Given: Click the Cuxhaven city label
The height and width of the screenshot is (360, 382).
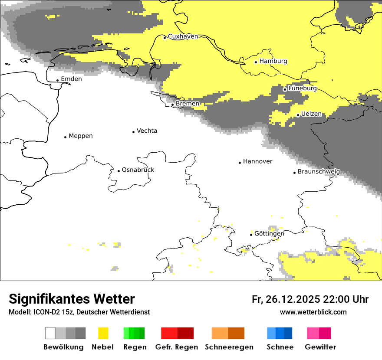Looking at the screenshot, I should click(x=183, y=36).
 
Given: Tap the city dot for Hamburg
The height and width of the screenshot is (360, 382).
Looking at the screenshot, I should click(x=256, y=62).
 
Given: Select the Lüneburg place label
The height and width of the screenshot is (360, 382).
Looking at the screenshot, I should click(x=302, y=88).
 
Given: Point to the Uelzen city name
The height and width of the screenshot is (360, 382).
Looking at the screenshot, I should click(x=311, y=114).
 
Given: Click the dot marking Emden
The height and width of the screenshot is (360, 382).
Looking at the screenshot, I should click(x=57, y=80).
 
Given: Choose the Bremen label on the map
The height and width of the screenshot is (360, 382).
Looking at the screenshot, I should click(x=188, y=104).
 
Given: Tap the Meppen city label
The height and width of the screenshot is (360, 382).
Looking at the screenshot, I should click(x=81, y=136).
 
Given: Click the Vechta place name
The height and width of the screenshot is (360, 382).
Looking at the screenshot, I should click(x=147, y=131).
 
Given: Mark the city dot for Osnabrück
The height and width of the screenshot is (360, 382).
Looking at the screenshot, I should click(x=119, y=171).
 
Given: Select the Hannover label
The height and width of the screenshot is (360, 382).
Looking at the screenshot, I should click(x=257, y=161).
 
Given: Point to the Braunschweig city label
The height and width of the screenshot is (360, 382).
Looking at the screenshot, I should click(x=319, y=172).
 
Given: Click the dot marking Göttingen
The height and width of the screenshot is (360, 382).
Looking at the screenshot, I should click(x=251, y=235).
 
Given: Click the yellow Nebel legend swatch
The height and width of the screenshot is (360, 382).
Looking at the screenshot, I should click(x=103, y=333).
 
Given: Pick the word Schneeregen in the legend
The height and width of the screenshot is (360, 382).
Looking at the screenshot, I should click(x=229, y=347).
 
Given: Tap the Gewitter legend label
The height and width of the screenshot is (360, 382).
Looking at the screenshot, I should click(x=320, y=347).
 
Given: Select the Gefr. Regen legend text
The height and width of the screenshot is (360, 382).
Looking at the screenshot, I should click(x=177, y=347).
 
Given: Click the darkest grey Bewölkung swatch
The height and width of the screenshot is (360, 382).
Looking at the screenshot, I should click(x=81, y=333).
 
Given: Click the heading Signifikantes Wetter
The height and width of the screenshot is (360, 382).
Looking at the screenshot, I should click(x=72, y=299).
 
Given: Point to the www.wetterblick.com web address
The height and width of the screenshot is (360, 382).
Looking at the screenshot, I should click(x=313, y=312).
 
